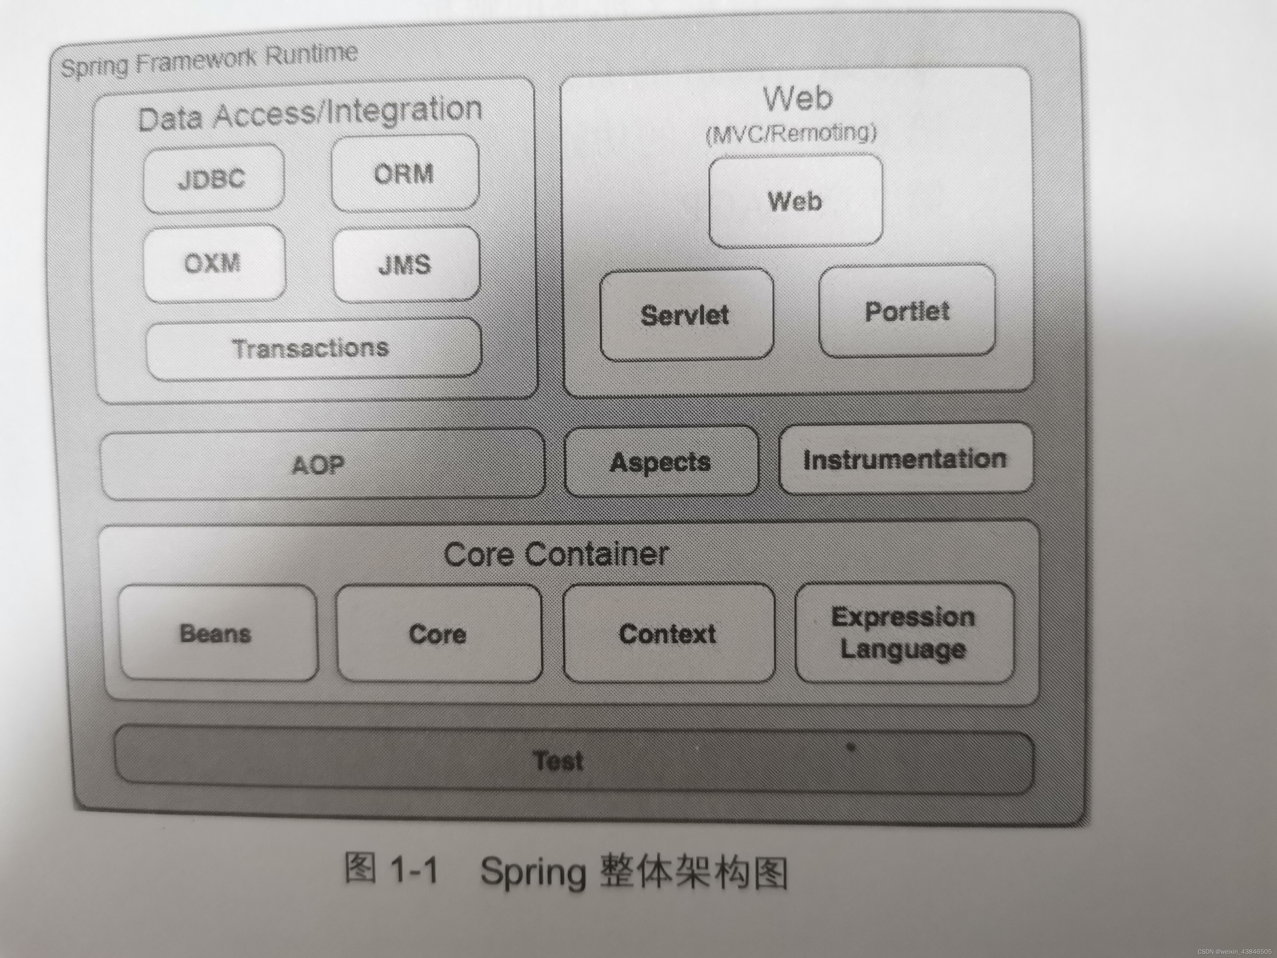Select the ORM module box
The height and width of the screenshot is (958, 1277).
(404, 173)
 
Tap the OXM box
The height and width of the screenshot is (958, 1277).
(213, 263)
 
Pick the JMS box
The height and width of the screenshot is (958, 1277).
(405, 264)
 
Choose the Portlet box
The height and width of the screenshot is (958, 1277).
(906, 311)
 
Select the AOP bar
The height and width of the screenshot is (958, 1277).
(321, 464)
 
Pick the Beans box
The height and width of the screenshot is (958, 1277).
(216, 634)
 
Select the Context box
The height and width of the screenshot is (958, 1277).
(668, 634)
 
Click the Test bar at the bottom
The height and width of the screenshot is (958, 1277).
(559, 761)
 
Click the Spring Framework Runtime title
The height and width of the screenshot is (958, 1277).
(209, 61)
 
